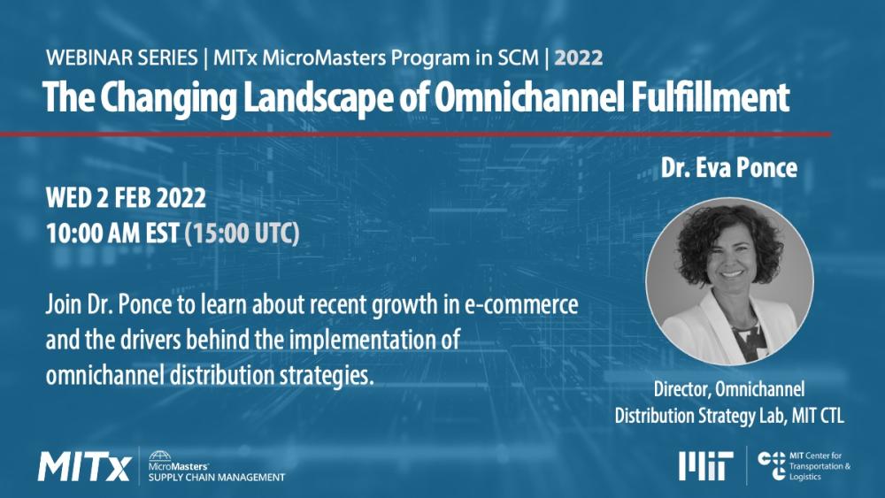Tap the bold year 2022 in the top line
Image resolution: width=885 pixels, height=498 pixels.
pos(580,58)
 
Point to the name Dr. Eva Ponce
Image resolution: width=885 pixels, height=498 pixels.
pos(729,168)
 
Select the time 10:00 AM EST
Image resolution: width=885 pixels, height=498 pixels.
pos(112,234)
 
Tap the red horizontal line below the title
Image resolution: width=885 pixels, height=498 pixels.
pos(416,134)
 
